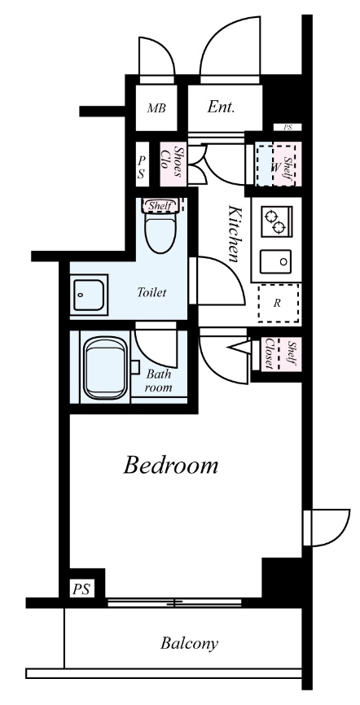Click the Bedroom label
170,466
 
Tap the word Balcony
189,643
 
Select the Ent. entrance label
221,107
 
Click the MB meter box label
156,108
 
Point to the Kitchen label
234,234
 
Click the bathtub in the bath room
105,369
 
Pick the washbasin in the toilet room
89,295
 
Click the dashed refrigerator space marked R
279,303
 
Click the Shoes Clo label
172,164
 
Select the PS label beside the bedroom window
82,589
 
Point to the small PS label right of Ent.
288,128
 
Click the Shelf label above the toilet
160,206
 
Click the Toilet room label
151,293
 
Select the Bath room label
158,380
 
